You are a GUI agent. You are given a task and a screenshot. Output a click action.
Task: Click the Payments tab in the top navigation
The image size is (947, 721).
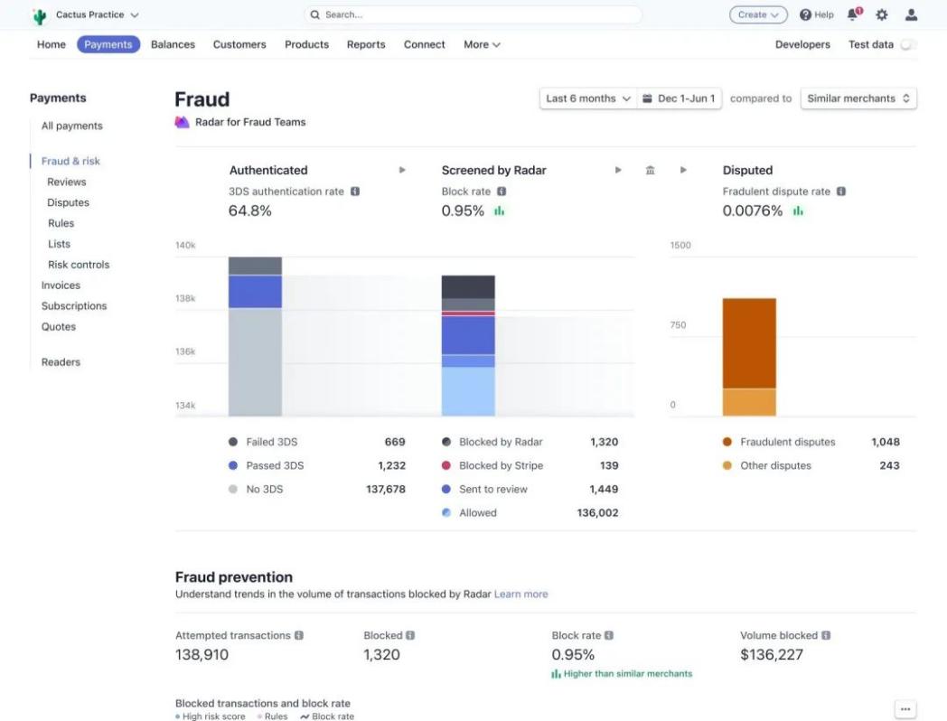click(x=108, y=44)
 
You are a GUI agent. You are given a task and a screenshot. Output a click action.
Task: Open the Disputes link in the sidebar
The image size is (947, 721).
click(x=68, y=202)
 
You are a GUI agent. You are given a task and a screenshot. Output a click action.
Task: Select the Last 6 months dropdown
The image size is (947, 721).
click(x=588, y=98)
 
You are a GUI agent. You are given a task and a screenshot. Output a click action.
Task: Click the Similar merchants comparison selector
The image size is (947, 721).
click(x=858, y=98)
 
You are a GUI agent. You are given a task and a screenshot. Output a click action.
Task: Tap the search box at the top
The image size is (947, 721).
click(x=473, y=14)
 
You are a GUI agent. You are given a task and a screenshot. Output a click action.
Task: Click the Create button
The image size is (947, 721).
click(x=757, y=14)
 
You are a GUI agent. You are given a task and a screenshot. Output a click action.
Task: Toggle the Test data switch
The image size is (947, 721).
click(x=907, y=44)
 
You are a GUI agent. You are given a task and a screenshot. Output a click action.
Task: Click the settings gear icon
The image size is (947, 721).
click(x=882, y=14)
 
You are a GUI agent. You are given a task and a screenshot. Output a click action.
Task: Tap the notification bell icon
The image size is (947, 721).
click(x=853, y=14)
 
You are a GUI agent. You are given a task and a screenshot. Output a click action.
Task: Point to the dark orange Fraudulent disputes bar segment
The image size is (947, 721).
click(x=749, y=343)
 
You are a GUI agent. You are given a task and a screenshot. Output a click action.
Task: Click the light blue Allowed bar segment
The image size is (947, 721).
click(x=468, y=391)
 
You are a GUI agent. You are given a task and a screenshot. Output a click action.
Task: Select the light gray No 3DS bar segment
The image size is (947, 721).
click(x=255, y=361)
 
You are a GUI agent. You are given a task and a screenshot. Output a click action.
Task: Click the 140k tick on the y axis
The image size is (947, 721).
click(x=185, y=245)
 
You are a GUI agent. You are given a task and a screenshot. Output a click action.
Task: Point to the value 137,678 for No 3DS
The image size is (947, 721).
click(x=385, y=489)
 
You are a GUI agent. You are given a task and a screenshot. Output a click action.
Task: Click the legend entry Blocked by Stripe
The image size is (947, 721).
click(x=502, y=465)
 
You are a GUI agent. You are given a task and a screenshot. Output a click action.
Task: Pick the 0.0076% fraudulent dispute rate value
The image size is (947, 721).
click(x=752, y=211)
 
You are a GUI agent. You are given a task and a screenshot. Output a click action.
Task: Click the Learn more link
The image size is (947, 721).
click(x=520, y=594)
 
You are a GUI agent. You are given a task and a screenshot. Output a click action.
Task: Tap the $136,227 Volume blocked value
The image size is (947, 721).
click(x=771, y=654)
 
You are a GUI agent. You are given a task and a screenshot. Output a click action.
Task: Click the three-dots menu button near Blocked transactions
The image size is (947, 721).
click(x=905, y=709)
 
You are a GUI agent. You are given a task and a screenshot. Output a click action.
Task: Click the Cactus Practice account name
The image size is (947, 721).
click(x=89, y=14)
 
